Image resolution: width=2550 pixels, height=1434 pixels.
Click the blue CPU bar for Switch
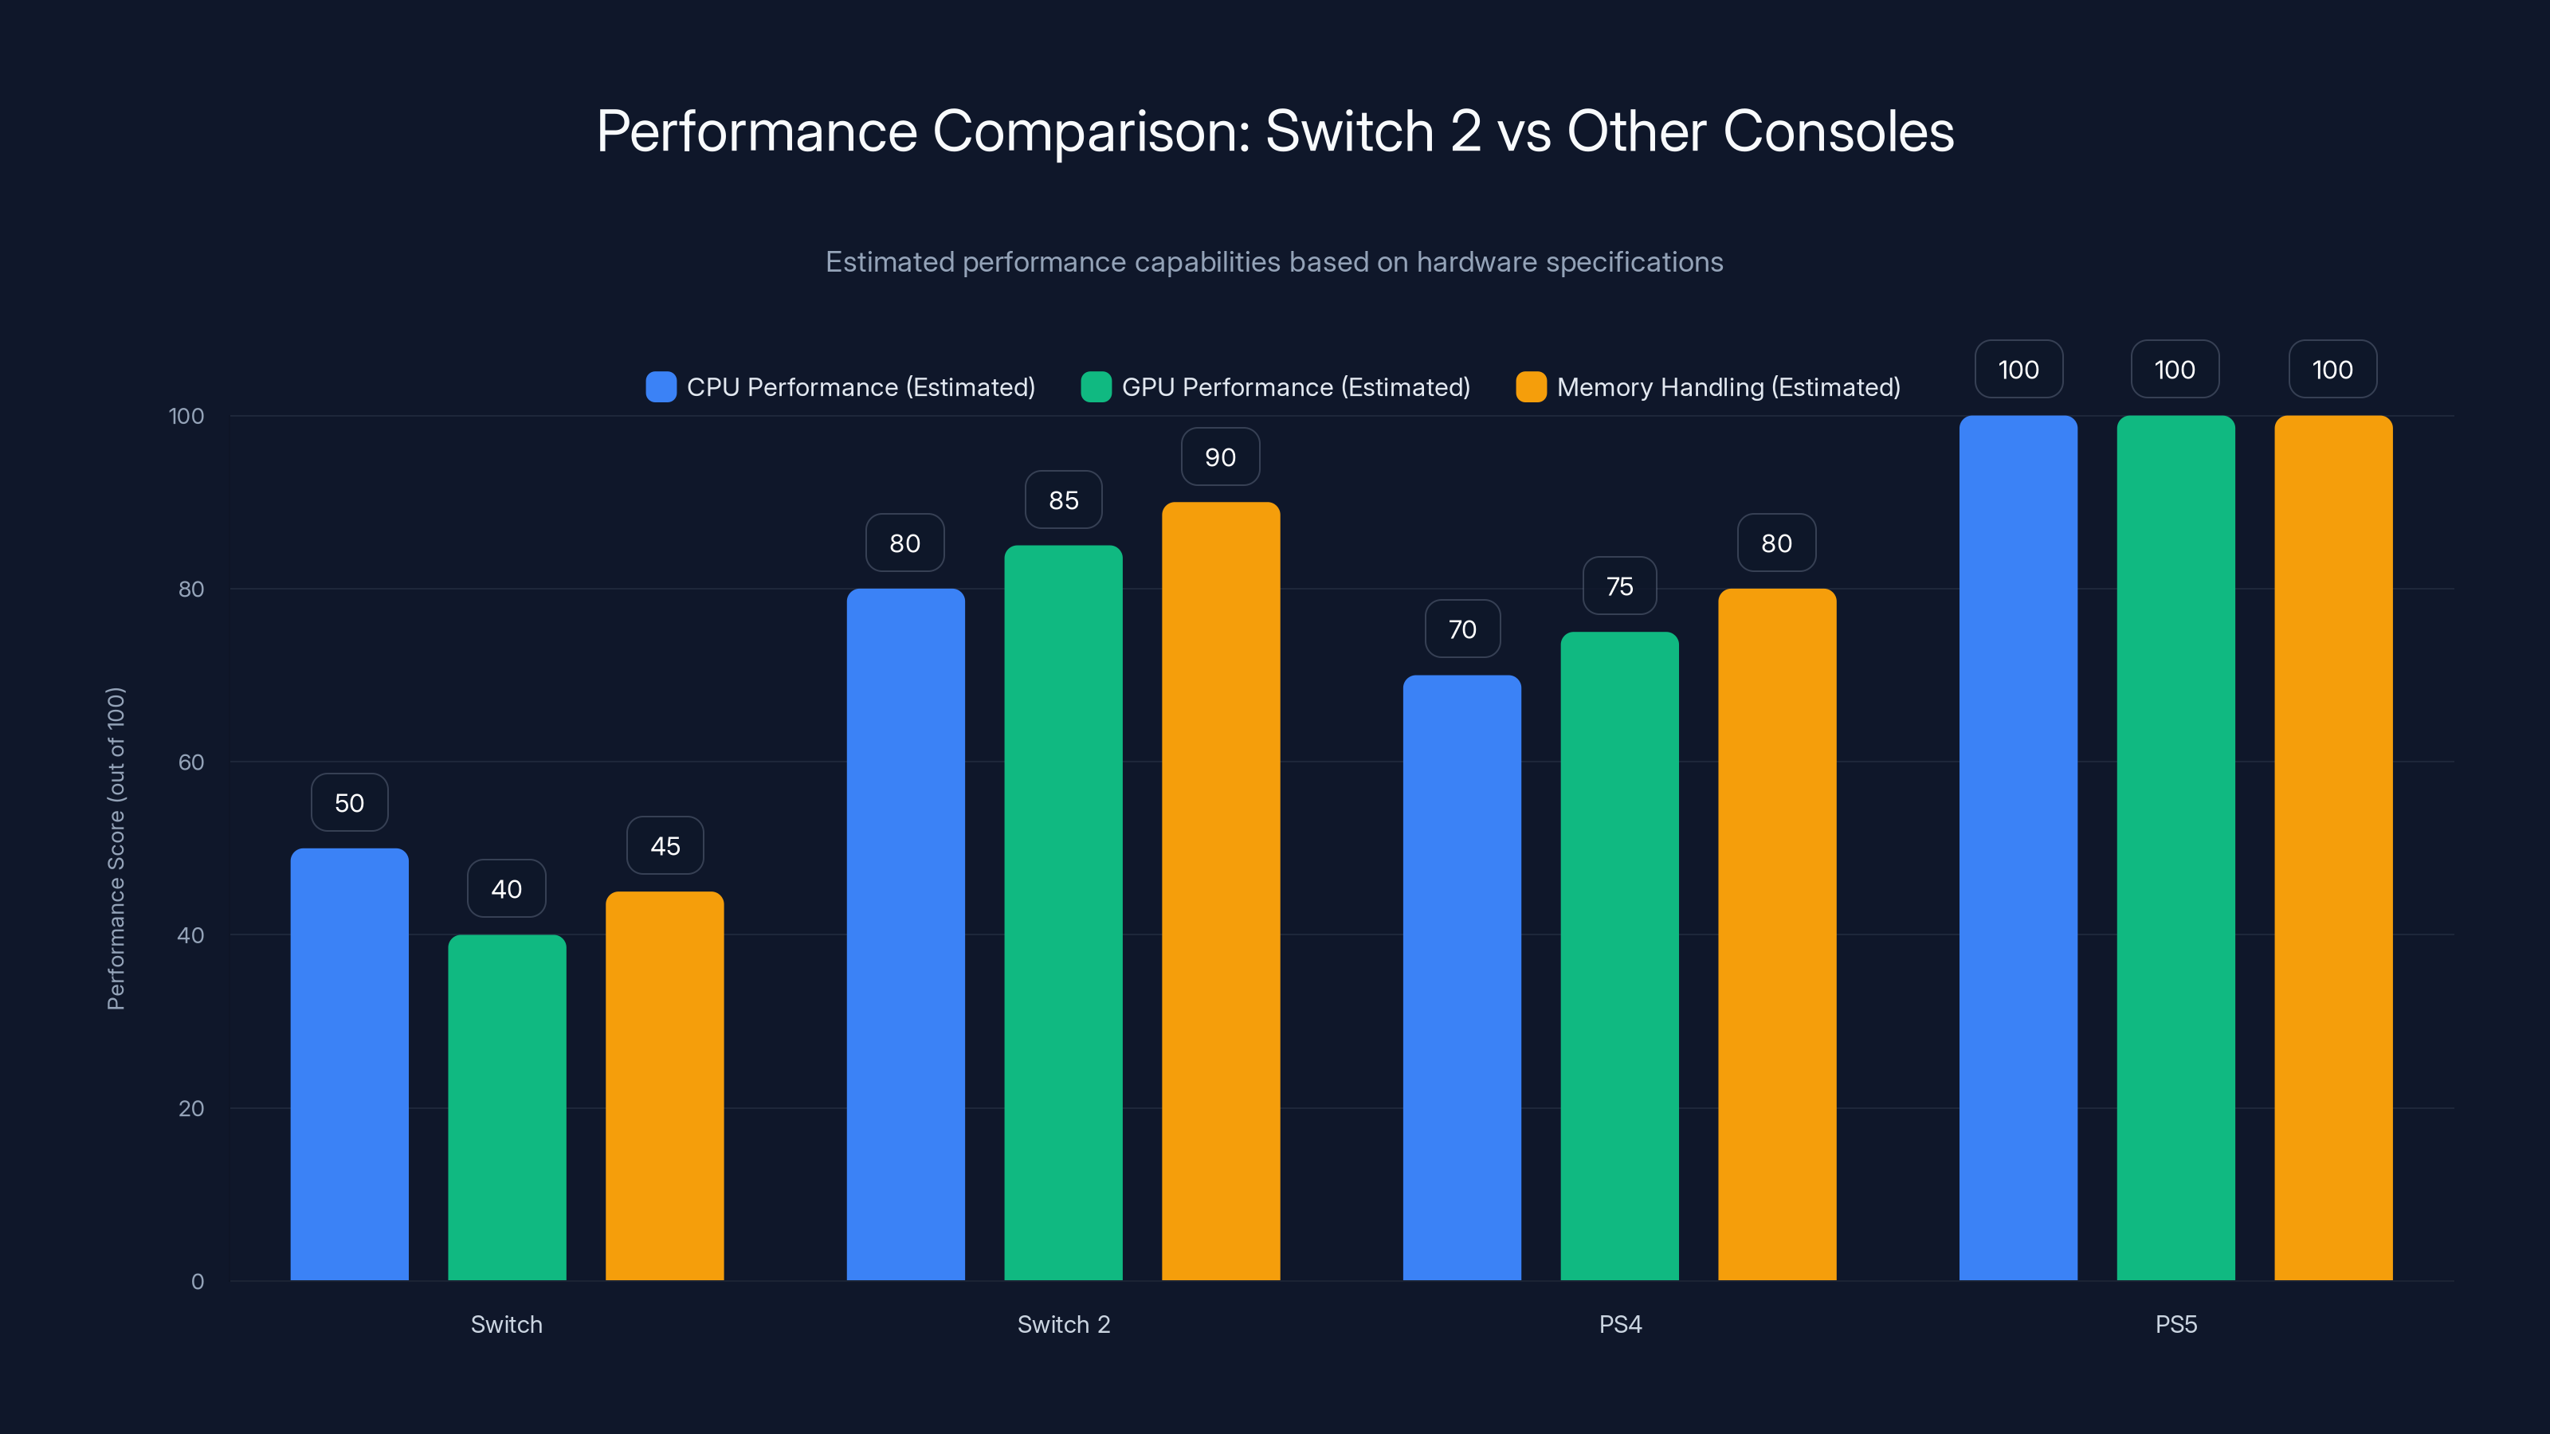(350, 1064)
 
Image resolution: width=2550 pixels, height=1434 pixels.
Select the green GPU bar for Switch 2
(1063, 912)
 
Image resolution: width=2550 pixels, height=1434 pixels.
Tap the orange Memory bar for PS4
(1777, 934)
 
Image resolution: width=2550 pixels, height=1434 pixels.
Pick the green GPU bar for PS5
(2175, 848)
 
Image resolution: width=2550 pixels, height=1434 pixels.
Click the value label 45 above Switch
(665, 846)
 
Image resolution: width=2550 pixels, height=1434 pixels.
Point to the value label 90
(1221, 457)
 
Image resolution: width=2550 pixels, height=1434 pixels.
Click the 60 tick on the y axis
(191, 762)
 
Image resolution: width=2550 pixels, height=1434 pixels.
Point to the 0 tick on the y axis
(197, 1282)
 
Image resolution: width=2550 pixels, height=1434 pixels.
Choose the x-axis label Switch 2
(1063, 1324)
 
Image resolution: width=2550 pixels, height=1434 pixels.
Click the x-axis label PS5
(2175, 1324)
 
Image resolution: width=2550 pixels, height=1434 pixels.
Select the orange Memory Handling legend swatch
(1530, 387)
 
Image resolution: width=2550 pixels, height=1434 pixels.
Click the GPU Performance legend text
(1295, 387)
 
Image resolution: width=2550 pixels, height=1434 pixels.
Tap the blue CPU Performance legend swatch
(661, 387)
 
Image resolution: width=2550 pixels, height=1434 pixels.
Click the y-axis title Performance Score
(116, 848)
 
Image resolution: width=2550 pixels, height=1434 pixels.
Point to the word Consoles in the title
(1838, 131)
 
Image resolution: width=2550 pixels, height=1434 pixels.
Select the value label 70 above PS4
(1462, 629)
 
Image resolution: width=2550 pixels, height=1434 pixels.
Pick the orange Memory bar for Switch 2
(1221, 891)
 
